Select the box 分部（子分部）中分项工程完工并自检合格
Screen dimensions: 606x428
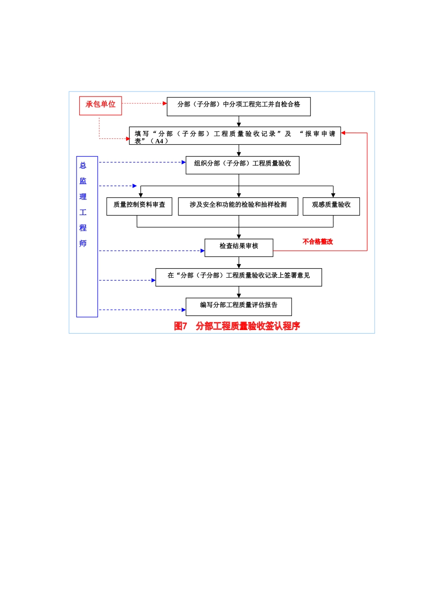[x=238, y=106]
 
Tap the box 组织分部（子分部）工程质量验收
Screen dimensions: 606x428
[x=242, y=165]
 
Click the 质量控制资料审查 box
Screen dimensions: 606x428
[x=139, y=206]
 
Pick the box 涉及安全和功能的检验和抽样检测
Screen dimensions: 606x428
[x=238, y=206]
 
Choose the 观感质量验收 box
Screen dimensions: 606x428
[x=331, y=206]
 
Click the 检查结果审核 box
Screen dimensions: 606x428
[x=239, y=248]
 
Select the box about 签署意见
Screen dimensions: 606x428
[x=238, y=277]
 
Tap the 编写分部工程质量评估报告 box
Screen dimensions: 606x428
[x=238, y=307]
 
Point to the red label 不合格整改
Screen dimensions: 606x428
[x=318, y=242]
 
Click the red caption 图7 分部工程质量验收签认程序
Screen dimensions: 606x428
[x=237, y=326]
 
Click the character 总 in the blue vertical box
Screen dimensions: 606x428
[x=83, y=165]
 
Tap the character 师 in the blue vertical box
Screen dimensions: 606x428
[x=83, y=243]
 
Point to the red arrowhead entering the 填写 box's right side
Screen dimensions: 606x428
[x=343, y=133]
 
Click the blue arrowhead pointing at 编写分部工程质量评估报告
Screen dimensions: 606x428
[x=184, y=310]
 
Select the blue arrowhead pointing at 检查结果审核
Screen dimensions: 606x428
[x=203, y=251]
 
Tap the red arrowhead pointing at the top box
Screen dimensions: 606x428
[x=165, y=103]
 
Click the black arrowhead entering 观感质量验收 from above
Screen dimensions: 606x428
[x=333, y=195]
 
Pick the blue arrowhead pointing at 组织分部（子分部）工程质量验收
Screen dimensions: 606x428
[x=184, y=162]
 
